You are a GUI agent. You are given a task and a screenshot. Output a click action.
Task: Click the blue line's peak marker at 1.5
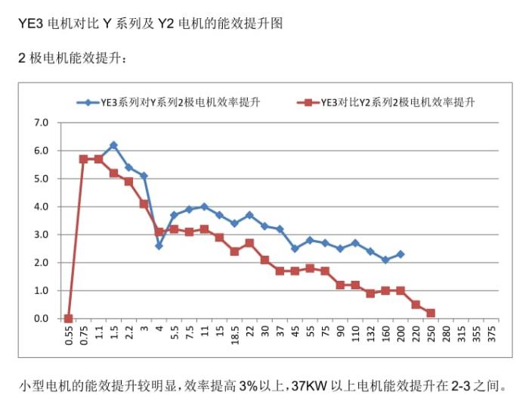coord(113,145)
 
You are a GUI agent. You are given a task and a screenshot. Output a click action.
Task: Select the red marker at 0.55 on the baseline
coord(69,319)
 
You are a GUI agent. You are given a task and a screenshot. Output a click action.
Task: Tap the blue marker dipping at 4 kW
coord(159,245)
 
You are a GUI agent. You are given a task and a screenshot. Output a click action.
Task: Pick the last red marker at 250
coord(431,313)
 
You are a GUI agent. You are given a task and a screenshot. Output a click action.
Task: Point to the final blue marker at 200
coord(401,254)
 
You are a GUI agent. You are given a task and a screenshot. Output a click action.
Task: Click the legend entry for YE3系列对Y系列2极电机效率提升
coord(175,102)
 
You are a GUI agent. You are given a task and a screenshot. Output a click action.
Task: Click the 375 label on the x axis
coord(492,335)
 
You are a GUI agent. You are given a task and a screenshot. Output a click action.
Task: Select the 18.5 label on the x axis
coord(234,338)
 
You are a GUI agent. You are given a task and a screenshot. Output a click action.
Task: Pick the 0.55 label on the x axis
coord(69,338)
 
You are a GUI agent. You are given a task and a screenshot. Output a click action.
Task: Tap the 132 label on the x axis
coord(370,335)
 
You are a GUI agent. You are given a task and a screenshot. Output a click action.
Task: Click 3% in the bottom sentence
coord(249,386)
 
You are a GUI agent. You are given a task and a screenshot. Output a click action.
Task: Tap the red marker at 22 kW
coord(249,243)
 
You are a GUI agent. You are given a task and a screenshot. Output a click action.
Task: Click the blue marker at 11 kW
coord(204,207)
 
